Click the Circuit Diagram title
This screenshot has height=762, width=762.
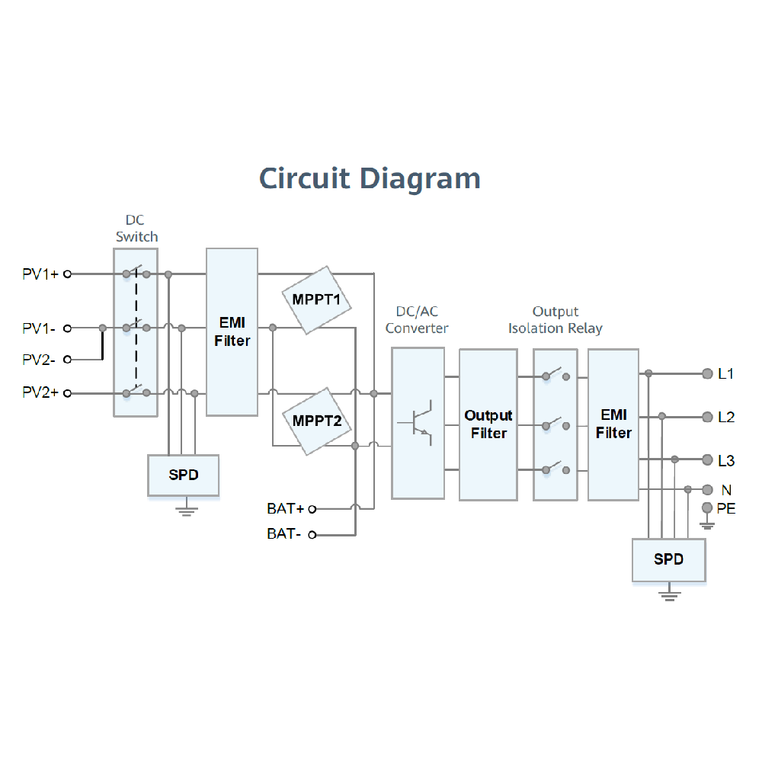[x=370, y=178]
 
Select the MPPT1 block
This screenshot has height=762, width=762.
[x=316, y=299]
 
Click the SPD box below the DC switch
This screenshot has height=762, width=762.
[x=184, y=475]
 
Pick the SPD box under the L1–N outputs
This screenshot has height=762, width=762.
[x=668, y=559]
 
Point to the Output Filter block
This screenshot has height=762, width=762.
[x=488, y=424]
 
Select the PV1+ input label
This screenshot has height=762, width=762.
[x=40, y=274]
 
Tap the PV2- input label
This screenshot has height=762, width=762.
[x=39, y=359]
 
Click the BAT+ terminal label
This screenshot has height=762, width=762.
[x=286, y=508]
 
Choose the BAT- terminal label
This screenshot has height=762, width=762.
[x=284, y=534]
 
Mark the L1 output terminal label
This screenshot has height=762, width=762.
[x=726, y=374]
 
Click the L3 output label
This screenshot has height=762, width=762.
[x=726, y=460]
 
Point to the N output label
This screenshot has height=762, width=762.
[x=726, y=489]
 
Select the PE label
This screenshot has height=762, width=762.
[x=727, y=508]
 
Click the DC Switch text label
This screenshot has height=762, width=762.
[x=136, y=229]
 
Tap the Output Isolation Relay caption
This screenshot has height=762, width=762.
[x=555, y=320]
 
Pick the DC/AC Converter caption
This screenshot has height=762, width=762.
[x=417, y=320]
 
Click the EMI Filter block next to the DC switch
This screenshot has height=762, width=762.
[x=232, y=331]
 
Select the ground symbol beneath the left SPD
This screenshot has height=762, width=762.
[x=184, y=509]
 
